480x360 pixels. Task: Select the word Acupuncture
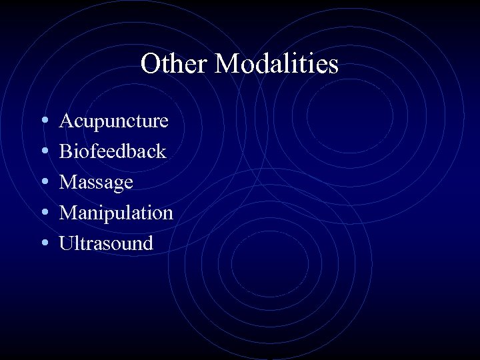tap(114, 121)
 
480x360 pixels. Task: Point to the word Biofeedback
tap(113, 151)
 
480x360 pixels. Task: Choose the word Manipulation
tap(117, 213)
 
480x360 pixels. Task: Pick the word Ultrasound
tap(107, 243)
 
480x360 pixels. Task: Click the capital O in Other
tap(150, 65)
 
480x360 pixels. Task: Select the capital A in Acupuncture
tap(67, 121)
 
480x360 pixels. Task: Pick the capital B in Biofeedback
tap(66, 152)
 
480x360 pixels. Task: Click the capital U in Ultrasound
tap(67, 243)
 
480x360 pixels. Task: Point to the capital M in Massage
tap(69, 182)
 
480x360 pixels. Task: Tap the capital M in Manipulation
tap(69, 213)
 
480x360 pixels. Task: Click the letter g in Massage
tap(117, 185)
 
